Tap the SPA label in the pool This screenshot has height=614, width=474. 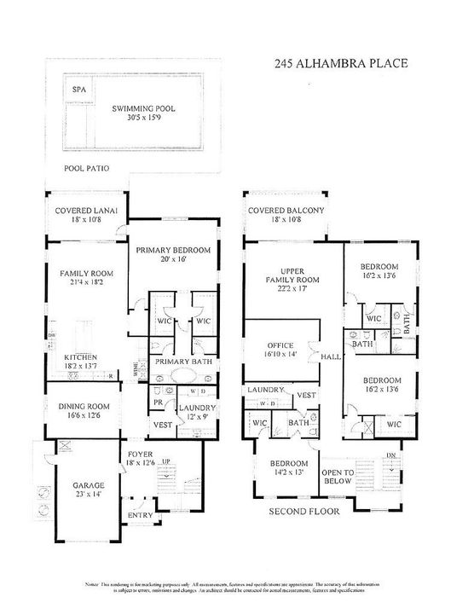click(79, 90)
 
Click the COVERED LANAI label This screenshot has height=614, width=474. click(86, 210)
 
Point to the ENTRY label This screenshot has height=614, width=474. click(140, 516)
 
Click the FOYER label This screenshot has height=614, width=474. click(140, 453)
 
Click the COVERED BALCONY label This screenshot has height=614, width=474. click(286, 210)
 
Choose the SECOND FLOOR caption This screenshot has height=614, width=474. click(304, 512)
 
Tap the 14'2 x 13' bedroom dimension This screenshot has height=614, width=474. click(286, 471)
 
